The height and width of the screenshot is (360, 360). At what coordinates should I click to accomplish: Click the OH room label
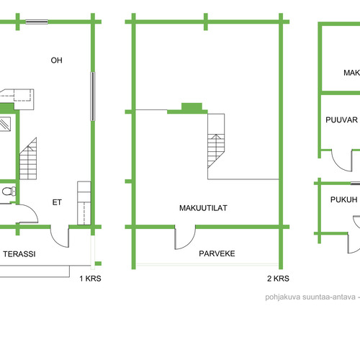point(57,60)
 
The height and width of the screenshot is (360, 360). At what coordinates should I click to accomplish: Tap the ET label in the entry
point(57,202)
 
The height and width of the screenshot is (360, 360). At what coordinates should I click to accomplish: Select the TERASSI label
point(19,254)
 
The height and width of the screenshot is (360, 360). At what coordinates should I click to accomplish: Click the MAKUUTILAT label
point(203,208)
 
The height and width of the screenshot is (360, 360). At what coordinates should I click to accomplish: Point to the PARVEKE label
point(217,253)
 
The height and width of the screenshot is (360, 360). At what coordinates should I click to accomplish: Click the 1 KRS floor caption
point(90,279)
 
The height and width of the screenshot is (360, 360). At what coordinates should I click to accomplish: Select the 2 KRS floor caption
point(278,279)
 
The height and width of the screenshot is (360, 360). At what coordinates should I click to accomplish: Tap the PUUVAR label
point(341,120)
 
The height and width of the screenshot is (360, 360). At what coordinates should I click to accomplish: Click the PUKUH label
point(344,199)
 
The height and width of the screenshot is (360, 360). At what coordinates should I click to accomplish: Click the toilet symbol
point(9,192)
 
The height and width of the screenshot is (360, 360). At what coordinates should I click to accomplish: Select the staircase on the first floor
point(28,158)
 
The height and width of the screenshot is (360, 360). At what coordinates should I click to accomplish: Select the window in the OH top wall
point(37,22)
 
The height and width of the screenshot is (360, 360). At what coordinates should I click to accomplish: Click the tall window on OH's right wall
point(92,96)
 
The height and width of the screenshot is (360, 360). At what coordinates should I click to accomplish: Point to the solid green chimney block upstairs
point(192,107)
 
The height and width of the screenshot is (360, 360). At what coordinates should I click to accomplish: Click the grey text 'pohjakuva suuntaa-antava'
point(310,297)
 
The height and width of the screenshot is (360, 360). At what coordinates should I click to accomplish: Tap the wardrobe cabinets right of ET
point(84,203)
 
